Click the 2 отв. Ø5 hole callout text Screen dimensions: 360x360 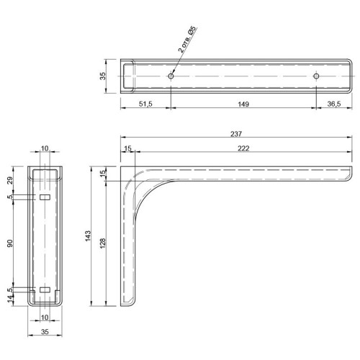pos(188,39)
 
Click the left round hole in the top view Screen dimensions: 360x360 pos(171,76)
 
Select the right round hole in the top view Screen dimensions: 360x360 pos(316,76)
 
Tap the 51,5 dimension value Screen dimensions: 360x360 pos(145,104)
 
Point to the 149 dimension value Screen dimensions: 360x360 pos(243,104)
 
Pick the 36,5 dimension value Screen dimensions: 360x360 pos(334,104)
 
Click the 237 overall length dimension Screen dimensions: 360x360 pos(236,134)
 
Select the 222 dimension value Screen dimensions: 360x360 pos(243,148)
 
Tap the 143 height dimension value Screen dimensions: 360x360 pos(88,236)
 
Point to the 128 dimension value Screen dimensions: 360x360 pos(102,243)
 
